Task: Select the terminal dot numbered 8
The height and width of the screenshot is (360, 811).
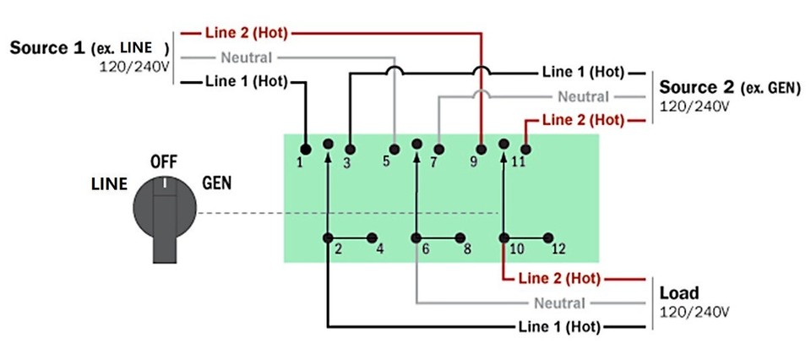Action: pyautogui.click(x=461, y=238)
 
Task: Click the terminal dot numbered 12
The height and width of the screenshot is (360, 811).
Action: pyautogui.click(x=549, y=238)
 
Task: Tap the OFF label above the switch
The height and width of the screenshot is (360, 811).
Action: pyautogui.click(x=164, y=161)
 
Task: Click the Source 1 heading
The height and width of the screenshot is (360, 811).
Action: pyautogui.click(x=47, y=47)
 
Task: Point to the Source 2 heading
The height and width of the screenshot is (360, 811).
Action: pyautogui.click(x=697, y=88)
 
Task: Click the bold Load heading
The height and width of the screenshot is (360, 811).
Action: pyautogui.click(x=679, y=293)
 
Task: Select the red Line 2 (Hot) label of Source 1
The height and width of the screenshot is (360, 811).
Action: pyautogui.click(x=246, y=34)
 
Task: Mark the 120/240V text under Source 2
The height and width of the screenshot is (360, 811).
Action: pyautogui.click(x=694, y=106)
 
